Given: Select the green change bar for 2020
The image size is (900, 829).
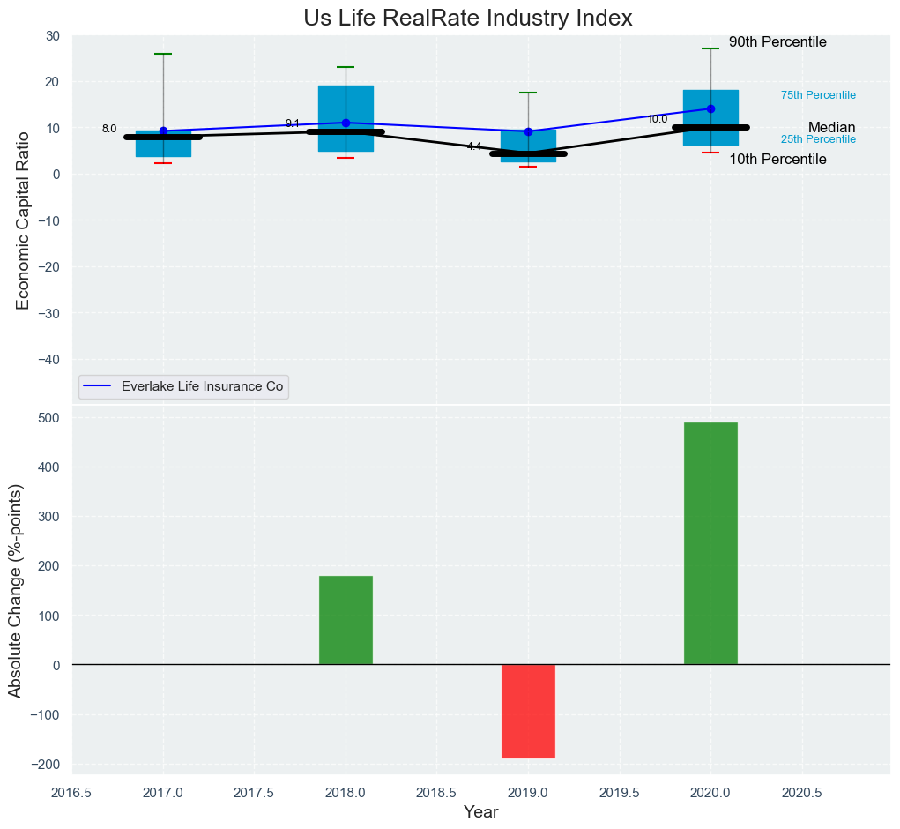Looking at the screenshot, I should [x=710, y=543].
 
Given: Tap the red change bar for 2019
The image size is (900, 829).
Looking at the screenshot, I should [x=528, y=711].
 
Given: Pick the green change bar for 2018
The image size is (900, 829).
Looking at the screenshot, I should [x=346, y=620].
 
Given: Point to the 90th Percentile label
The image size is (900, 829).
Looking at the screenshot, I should [x=777, y=42].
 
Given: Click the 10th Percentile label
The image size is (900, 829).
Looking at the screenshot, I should [x=777, y=160].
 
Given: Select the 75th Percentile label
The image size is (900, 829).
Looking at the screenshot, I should [x=818, y=95].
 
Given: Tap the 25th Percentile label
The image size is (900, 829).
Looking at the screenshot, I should [x=818, y=139].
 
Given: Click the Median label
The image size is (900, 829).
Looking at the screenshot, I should [x=831, y=128].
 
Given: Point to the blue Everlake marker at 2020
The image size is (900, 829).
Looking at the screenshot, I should [x=710, y=109].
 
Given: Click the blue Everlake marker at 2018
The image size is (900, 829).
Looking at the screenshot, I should [x=346, y=123].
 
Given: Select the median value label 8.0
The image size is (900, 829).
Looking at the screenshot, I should [x=109, y=129].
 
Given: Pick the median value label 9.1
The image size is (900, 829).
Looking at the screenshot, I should [x=293, y=123].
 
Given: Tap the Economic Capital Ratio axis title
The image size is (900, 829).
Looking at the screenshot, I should [x=23, y=220].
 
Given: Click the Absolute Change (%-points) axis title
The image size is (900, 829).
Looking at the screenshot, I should [x=16, y=591].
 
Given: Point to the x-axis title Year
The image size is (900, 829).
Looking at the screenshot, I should [x=481, y=812].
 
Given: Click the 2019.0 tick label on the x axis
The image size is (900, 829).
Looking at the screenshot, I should [x=528, y=792].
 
